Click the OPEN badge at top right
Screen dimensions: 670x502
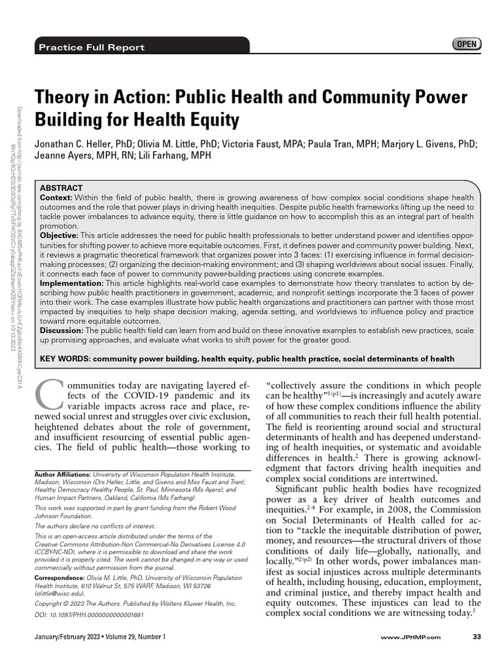click(466, 44)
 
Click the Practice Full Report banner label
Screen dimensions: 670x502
click(92, 47)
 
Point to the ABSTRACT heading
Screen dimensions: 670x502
click(61, 188)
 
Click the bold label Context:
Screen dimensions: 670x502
click(56, 198)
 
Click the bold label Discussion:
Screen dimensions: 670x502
click(62, 330)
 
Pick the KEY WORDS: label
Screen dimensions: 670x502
click(65, 359)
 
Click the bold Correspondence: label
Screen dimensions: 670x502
click(59, 578)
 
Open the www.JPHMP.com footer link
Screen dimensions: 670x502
click(410, 637)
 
